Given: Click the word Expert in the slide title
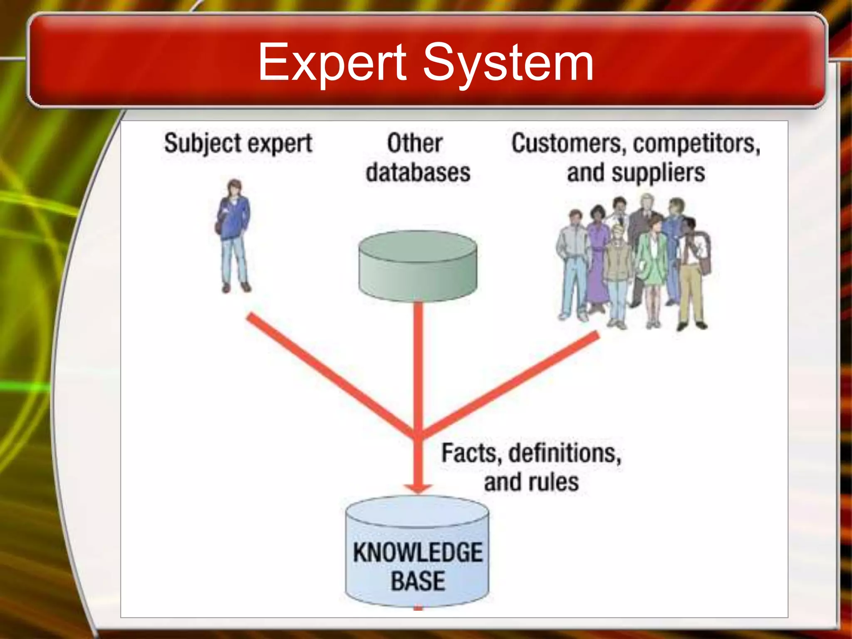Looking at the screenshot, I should pos(332,63).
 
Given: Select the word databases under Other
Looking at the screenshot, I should pos(418,173).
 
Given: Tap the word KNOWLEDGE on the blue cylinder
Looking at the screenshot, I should pos(418,552).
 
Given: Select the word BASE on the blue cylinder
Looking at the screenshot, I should pos(418,581).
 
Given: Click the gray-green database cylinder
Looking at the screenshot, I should pos(418,266).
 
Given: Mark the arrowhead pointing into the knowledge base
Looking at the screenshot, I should pos(418,488).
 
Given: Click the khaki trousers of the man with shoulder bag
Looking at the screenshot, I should pos(691,291).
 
